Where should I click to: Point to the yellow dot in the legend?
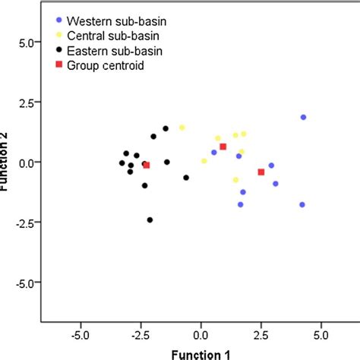tap(59, 34)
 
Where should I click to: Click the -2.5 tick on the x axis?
tap(140, 333)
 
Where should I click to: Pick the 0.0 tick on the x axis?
tap(201, 333)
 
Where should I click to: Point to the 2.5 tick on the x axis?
tap(261, 333)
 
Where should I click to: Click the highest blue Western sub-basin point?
tap(303, 117)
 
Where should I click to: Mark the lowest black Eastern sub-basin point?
tap(150, 220)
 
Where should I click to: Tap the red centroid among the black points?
tap(147, 165)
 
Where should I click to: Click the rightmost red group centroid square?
tap(261, 172)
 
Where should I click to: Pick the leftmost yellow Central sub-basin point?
tap(182, 128)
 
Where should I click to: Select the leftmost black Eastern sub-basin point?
tap(122, 163)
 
